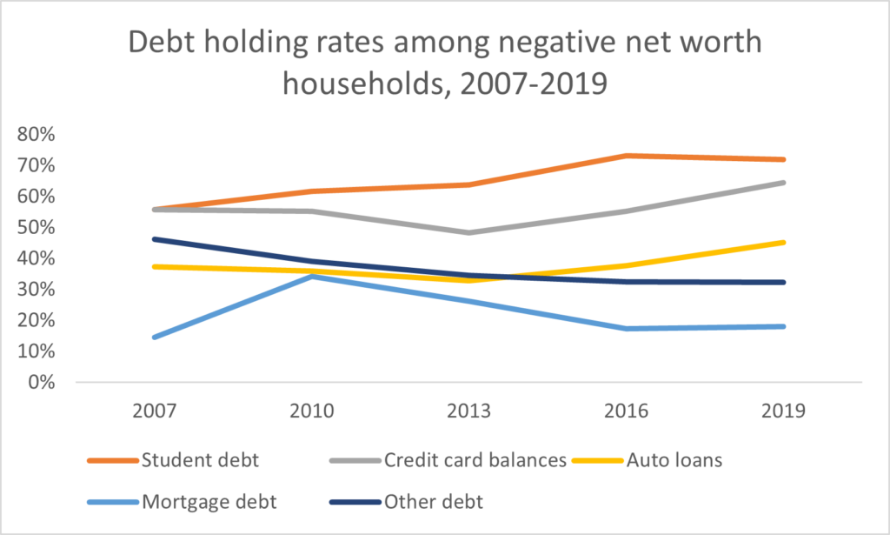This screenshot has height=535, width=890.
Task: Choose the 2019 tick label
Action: pos(784,411)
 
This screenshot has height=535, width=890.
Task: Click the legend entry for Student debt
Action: pos(189,459)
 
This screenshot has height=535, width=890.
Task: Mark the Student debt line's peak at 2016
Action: pos(627,156)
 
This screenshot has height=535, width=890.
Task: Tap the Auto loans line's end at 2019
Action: pos(784,242)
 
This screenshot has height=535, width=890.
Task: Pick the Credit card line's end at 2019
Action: pos(784,183)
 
